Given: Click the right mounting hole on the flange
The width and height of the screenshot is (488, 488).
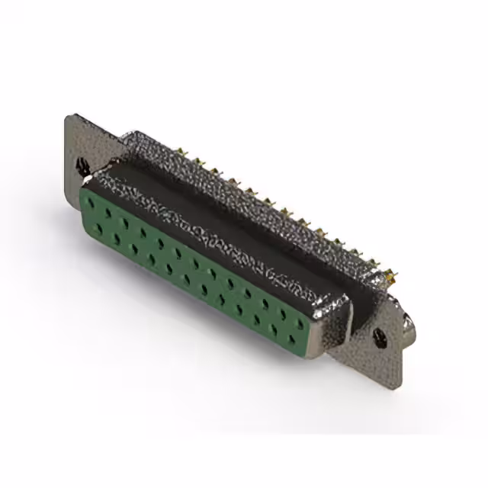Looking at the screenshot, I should pos(377,333).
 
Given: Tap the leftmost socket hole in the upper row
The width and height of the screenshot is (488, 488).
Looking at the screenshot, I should pos(93,203).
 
